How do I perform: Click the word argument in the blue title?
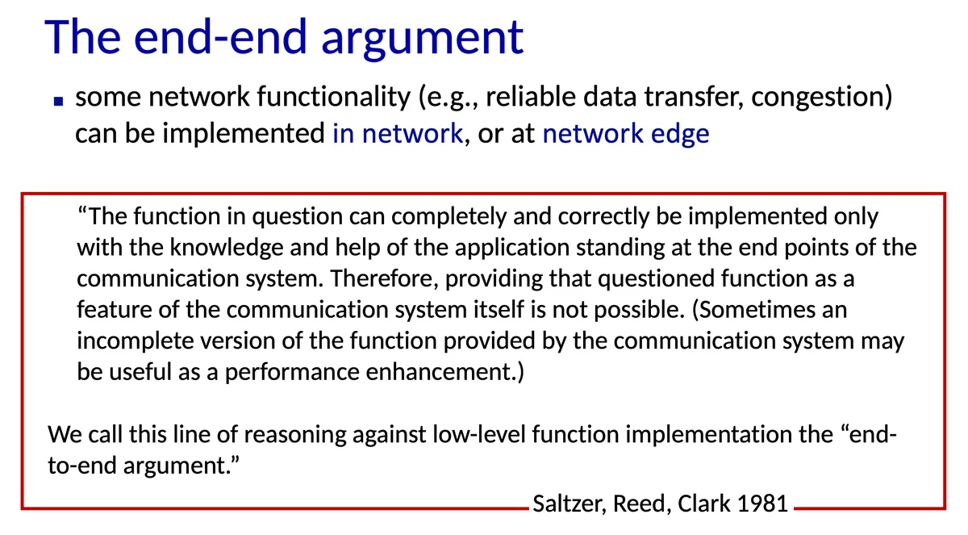422,39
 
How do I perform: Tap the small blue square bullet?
58,101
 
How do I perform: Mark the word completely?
449,217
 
